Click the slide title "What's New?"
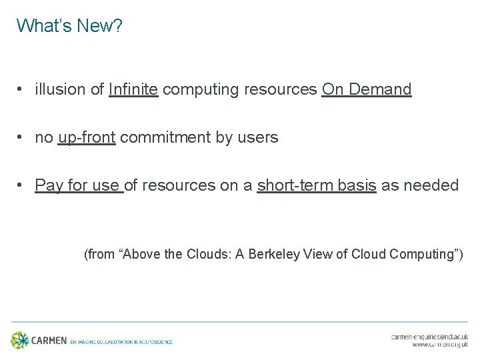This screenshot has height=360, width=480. (x=69, y=26)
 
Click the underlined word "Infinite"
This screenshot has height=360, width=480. (x=133, y=89)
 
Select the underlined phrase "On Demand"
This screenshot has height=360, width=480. (x=367, y=89)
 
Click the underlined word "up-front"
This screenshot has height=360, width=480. (x=87, y=137)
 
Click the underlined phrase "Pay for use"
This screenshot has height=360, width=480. (x=79, y=185)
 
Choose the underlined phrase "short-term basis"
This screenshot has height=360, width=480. (x=317, y=185)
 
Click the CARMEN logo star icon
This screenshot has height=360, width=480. (x=20, y=340)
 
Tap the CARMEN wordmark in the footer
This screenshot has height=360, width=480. (x=49, y=341)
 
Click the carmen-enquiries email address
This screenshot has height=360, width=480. (x=429, y=337)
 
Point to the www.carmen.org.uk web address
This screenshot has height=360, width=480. (x=440, y=345)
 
